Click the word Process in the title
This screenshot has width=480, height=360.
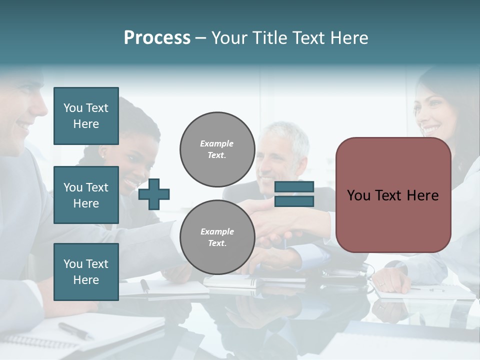point(157,38)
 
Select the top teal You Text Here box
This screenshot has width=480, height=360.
point(86,116)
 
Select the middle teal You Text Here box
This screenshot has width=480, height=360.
point(86,195)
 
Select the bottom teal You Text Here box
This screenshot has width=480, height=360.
point(86,271)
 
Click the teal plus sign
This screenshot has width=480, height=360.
point(154,193)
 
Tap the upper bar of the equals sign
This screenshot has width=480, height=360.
point(294,187)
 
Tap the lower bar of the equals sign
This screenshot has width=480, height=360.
point(294,201)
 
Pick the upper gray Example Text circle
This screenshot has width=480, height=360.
point(217,149)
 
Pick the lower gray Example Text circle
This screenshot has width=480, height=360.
point(217,237)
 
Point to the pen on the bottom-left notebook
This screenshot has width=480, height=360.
point(75,330)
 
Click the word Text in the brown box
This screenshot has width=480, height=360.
point(394,195)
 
